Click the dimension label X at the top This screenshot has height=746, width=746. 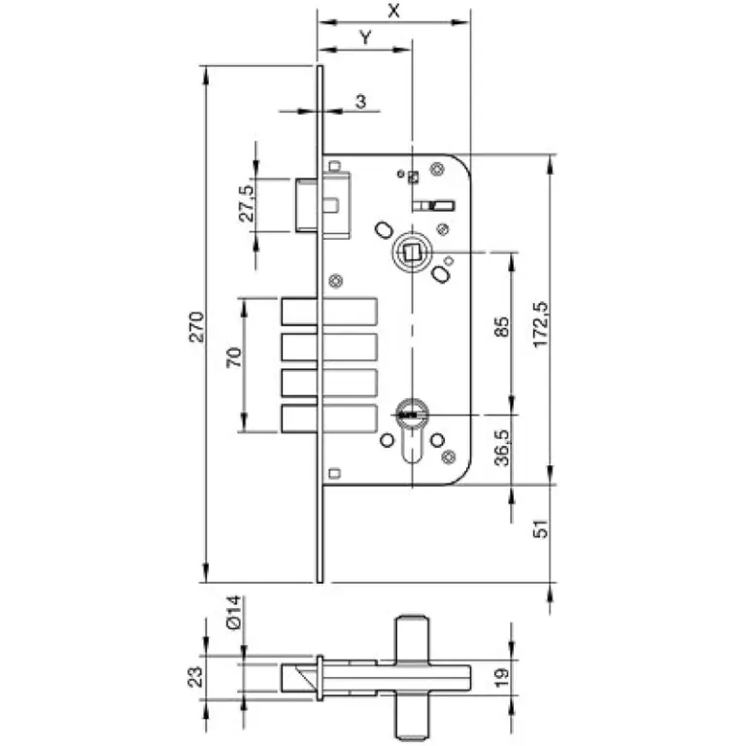point(393,11)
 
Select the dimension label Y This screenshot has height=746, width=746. point(365,37)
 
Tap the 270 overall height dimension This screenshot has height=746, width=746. point(196,326)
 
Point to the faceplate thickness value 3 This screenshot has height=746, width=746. point(361,101)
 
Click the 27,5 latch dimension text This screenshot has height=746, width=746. point(247,204)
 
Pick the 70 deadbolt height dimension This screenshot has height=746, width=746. point(234,357)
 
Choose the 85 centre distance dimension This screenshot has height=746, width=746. point(501,326)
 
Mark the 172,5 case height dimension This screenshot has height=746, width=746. point(540,324)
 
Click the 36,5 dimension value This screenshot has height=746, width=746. point(501,448)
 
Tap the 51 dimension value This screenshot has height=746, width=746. point(540,528)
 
